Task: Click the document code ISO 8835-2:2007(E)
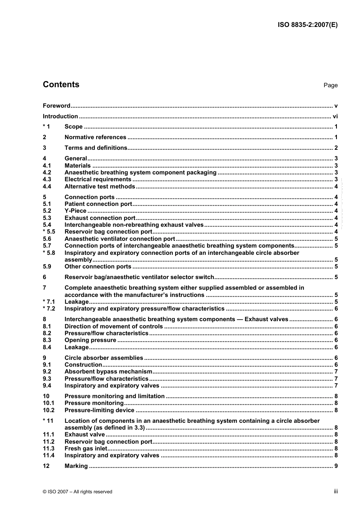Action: point(307,25)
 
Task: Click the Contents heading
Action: point(61,85)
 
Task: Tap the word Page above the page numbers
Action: point(330,85)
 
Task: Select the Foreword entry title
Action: point(56,106)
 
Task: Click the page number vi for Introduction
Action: point(335,116)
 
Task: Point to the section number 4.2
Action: point(47,173)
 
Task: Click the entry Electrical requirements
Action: point(98,179)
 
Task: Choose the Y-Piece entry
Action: point(75,211)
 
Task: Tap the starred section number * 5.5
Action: point(49,232)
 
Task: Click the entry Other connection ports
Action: point(98,267)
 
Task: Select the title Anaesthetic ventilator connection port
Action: point(120,239)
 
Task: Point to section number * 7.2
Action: point(49,309)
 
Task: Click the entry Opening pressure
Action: point(90,340)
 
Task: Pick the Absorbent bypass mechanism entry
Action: point(108,372)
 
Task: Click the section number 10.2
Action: point(49,410)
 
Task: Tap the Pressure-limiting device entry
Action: point(99,410)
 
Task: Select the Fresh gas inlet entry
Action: point(86,449)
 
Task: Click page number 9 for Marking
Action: point(336,466)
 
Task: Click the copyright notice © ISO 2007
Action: point(77,492)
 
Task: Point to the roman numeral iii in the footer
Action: point(336,491)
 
